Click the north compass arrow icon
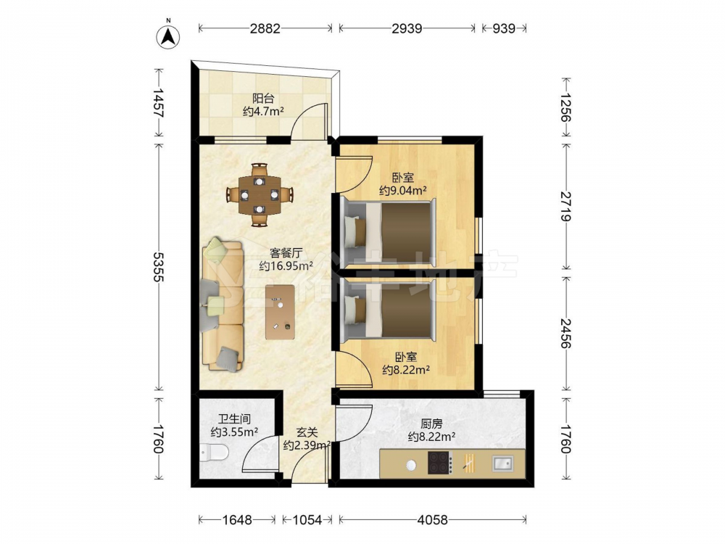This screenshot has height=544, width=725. coord(168,36)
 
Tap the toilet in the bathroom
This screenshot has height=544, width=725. coord(215,452)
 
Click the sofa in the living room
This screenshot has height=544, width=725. coord(223,304)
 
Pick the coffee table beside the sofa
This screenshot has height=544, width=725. coord(280,312)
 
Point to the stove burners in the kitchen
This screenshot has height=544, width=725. coord(440,463)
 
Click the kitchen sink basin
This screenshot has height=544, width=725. coord(502,463)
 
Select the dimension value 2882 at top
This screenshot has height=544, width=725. coord(265,29)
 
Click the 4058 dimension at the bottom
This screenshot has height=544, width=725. coord(432,520)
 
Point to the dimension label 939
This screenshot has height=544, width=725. coord(504,29)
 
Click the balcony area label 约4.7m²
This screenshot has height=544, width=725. coord(263,112)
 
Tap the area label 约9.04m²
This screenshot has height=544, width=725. coord(402,190)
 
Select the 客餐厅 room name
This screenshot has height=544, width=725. coord(286,253)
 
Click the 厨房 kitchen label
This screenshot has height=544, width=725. coord(431,424)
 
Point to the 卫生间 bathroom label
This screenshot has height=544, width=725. coord(234,419)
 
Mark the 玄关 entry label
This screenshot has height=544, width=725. coord(307,433)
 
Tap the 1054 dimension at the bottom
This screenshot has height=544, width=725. coord(307,520)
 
